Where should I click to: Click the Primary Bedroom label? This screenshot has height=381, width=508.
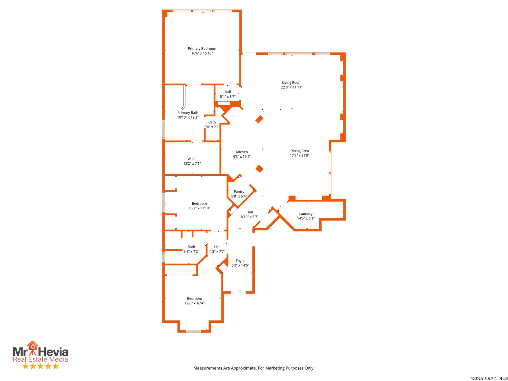point(201,48)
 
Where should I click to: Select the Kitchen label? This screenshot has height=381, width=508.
point(241,152)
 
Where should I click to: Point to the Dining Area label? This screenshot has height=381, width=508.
point(299,151)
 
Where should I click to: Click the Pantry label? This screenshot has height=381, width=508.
point(238,192)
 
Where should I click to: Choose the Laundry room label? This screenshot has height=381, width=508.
point(306,214)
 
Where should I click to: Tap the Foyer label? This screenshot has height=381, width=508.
point(240,261)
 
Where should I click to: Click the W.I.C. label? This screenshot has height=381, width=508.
point(192,159)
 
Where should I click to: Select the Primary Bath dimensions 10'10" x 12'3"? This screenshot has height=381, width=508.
point(187,117)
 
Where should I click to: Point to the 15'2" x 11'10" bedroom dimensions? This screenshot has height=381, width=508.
point(199,208)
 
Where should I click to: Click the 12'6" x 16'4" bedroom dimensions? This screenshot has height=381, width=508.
point(194,303)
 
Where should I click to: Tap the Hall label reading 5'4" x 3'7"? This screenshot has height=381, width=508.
point(228,92)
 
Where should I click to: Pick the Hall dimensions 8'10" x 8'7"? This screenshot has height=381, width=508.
point(249,217)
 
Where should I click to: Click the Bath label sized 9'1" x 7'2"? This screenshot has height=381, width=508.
point(191,247)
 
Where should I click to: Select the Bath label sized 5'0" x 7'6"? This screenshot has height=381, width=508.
point(212,122)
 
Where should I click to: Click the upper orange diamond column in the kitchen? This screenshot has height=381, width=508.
point(259,119)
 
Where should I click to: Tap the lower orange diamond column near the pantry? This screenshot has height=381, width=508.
point(259,169)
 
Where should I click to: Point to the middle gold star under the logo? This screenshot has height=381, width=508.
point(41,366)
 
